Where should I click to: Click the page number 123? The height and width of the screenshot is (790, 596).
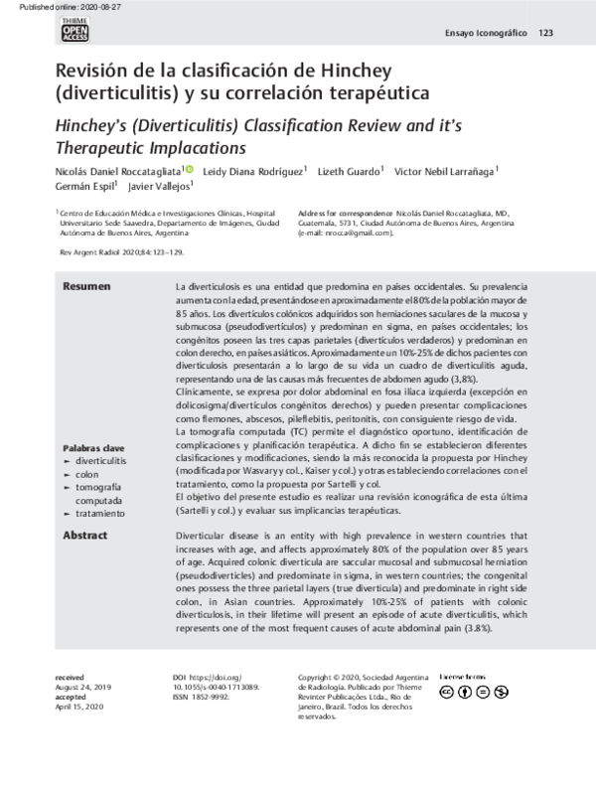545,33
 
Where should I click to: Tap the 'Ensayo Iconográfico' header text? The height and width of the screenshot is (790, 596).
485,33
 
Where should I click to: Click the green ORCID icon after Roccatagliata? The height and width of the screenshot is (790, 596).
190,170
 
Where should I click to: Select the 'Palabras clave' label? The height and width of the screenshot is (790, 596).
92,448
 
